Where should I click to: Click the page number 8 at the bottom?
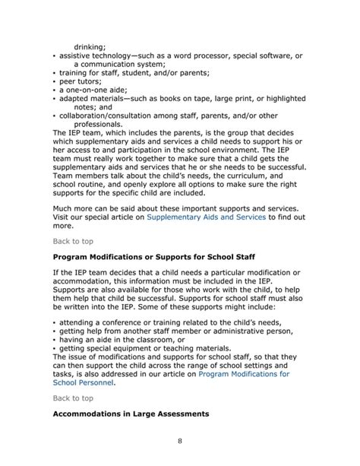tap(180, 441)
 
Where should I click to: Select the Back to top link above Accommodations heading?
tap(74, 398)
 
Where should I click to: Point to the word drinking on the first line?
tap(90, 47)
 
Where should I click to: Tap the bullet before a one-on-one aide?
tap(55, 90)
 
